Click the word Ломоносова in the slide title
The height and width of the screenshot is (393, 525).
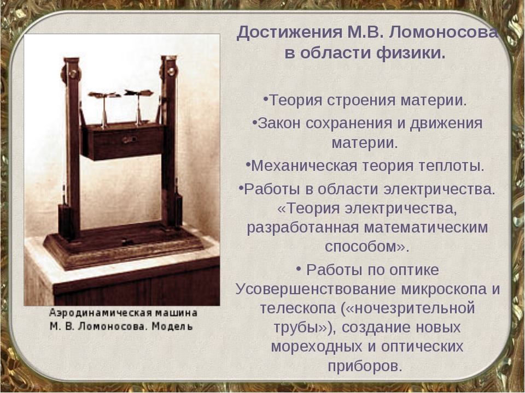[444, 33]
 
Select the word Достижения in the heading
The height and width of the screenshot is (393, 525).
[290, 33]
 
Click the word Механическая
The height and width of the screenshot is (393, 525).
[304, 166]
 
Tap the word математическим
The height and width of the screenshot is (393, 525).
[426, 228]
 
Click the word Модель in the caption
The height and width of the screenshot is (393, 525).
[172, 326]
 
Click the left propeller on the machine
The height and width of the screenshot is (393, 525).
[104, 96]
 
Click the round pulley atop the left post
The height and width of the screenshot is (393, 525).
[71, 74]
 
